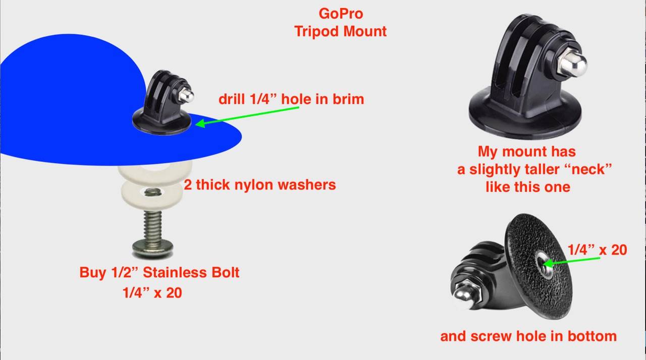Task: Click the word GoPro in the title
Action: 341,14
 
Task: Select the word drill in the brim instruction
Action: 232,99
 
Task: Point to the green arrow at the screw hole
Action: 571,261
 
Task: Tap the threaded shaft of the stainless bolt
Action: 152,226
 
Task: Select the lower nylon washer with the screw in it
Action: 151,195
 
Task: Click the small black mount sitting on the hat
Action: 163,102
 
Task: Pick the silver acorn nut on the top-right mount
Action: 572,63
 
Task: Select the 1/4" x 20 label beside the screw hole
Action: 597,249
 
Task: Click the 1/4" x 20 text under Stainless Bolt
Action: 152,293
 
